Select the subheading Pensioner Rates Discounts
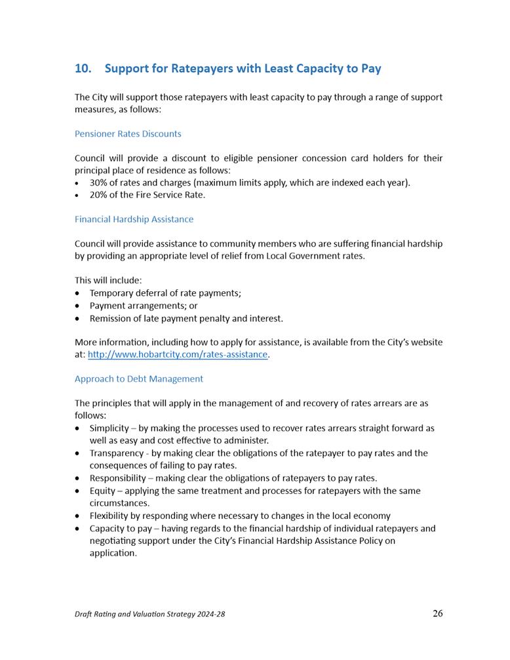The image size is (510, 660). pyautogui.click(x=128, y=134)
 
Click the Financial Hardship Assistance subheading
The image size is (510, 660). pyautogui.click(x=134, y=219)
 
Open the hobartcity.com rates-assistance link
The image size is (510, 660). pyautogui.click(x=178, y=354)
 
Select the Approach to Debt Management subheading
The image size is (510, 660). pyautogui.click(x=139, y=379)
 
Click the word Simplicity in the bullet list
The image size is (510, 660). pyautogui.click(x=109, y=428)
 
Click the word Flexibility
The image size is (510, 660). pyautogui.click(x=109, y=516)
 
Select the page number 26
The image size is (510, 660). pyautogui.click(x=438, y=614)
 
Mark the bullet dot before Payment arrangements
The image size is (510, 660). pyautogui.click(x=78, y=306)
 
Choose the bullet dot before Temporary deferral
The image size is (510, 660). pyautogui.click(x=78, y=294)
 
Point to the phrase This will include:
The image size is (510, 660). pyautogui.click(x=108, y=281)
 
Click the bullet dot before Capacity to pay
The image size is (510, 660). pyautogui.click(x=78, y=529)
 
